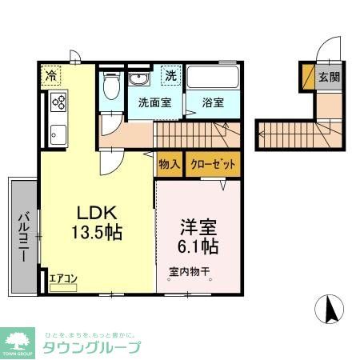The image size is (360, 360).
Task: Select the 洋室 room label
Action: pyautogui.click(x=196, y=227)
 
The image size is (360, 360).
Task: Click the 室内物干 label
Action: pyautogui.click(x=188, y=271)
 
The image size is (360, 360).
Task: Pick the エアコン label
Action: pyautogui.click(x=62, y=279)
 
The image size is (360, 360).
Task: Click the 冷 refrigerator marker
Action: pyautogui.click(x=50, y=77)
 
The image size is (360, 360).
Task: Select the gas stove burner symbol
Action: pyautogui.click(x=58, y=102)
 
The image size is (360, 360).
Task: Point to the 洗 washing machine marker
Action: pyautogui.click(x=170, y=75)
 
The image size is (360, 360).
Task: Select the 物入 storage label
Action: pyautogui.click(x=169, y=166)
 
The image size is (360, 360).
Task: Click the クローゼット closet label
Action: pyautogui.click(x=212, y=166)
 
